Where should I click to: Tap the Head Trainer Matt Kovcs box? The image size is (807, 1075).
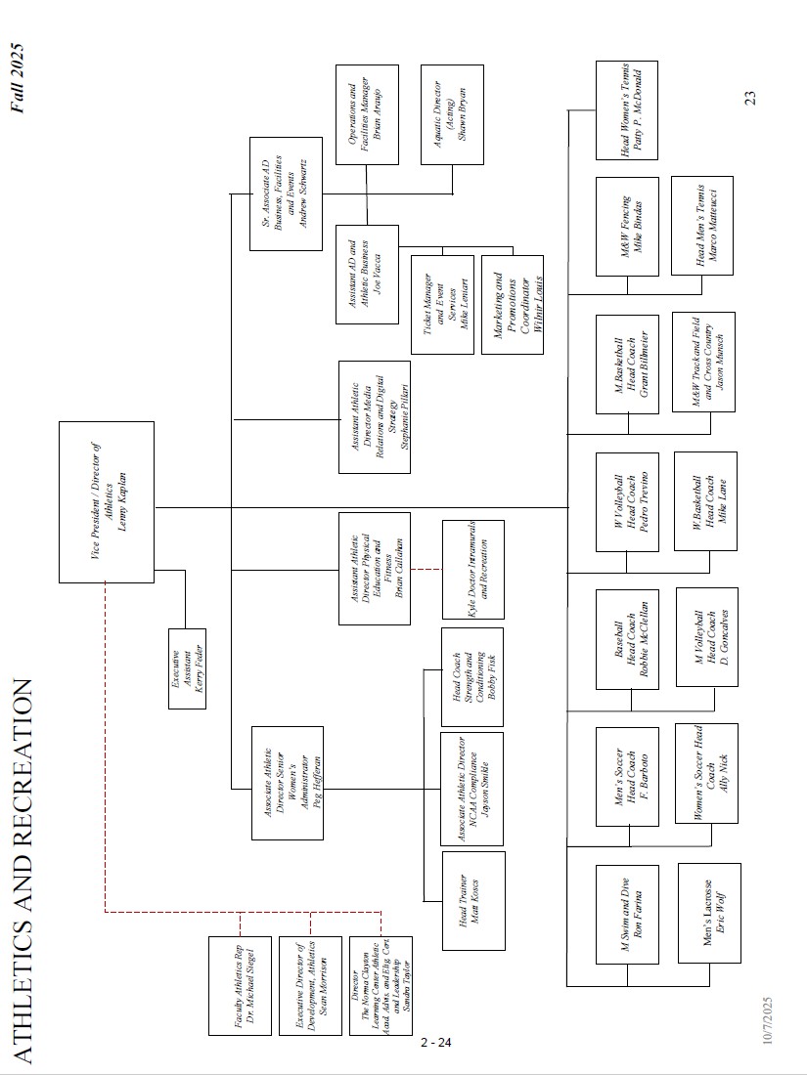[x=473, y=900]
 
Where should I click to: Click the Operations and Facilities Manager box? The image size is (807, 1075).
[x=367, y=108]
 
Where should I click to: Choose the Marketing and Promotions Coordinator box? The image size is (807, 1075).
[x=512, y=304]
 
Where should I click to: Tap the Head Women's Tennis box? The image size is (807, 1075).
[x=627, y=109]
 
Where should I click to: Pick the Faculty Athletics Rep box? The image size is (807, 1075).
[x=239, y=986]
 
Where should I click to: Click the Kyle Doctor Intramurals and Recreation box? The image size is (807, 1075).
[x=473, y=570]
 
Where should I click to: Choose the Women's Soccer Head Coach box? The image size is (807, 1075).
[x=707, y=773]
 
